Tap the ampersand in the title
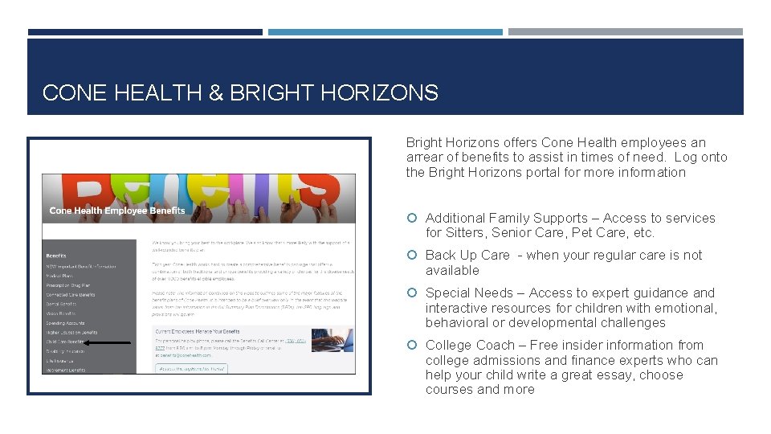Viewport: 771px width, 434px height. click(x=215, y=93)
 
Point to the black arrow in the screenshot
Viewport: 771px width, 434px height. click(x=108, y=342)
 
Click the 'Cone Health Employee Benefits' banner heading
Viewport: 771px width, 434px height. click(x=117, y=211)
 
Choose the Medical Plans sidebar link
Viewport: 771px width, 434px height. click(x=60, y=275)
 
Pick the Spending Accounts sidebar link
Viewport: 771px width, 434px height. click(x=65, y=323)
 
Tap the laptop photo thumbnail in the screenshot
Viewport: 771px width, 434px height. click(x=332, y=340)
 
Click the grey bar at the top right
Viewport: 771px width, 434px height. click(x=625, y=32)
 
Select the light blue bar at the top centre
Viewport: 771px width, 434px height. click(x=385, y=32)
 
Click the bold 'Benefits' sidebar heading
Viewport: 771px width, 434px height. click(x=56, y=256)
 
